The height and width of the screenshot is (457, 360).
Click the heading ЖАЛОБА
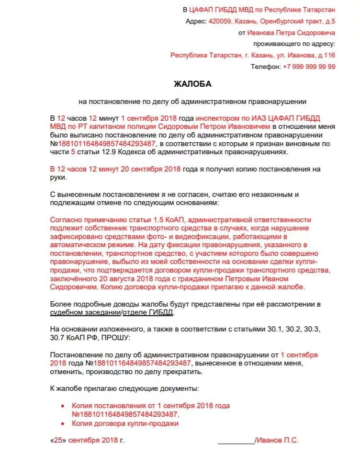[192, 84]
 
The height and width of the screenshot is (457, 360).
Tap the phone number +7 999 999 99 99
[309, 67]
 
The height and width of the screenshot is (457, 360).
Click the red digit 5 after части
[73, 151]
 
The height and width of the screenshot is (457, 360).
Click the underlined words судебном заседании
[85, 312]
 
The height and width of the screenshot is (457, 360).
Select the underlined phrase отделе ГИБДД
[148, 312]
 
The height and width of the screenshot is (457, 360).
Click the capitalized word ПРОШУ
[114, 338]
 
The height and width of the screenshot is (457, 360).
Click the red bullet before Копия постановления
[63, 406]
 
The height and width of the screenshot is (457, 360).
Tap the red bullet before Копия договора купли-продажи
[63, 424]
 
